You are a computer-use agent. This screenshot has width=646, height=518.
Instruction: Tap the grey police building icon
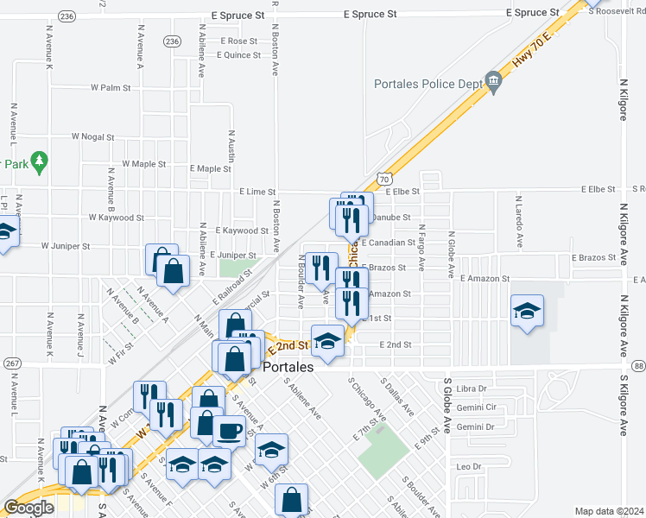pyautogui.click(x=493, y=83)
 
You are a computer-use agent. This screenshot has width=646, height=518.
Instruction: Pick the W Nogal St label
pyautogui.click(x=93, y=136)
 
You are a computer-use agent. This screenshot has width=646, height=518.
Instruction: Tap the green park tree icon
pyautogui.click(x=40, y=161)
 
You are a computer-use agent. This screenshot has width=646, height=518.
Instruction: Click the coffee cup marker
pyautogui.click(x=229, y=430)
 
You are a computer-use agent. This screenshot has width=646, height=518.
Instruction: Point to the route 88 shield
pyautogui.click(x=638, y=365)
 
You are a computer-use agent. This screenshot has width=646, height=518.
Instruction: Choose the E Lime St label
pyautogui.click(x=257, y=192)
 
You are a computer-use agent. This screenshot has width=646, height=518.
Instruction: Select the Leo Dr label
pyautogui.click(x=467, y=466)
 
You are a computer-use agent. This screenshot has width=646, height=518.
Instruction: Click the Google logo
pyautogui.click(x=28, y=508)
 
